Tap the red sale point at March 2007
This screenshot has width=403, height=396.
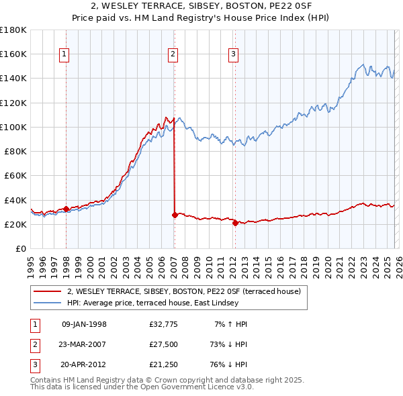[x=175, y=215]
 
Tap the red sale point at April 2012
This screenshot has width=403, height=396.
[x=235, y=223]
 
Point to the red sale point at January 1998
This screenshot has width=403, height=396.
[x=66, y=209]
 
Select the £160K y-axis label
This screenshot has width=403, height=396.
[x=13, y=54]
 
